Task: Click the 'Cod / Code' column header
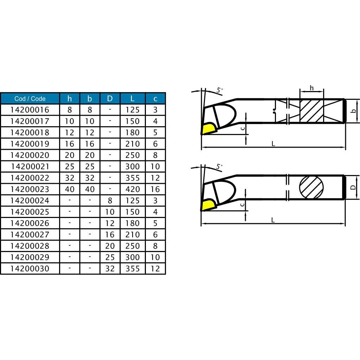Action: click(30, 98)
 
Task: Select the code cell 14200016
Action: click(30, 110)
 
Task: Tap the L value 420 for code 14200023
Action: click(133, 189)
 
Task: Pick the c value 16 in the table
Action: click(155, 189)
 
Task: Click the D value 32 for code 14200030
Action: click(110, 269)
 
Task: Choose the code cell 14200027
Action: click(30, 234)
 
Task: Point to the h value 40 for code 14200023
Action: click(70, 189)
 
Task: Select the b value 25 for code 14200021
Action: click(90, 166)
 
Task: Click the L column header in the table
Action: click(133, 98)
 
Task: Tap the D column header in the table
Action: click(110, 98)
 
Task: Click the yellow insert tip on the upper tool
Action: click(208, 129)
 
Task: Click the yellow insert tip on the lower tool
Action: click(208, 205)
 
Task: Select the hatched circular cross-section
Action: click(311, 187)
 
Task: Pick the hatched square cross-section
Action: click(311, 111)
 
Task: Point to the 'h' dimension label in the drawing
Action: click(311, 88)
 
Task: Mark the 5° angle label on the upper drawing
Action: click(219, 90)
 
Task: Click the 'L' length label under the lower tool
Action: click(273, 220)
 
